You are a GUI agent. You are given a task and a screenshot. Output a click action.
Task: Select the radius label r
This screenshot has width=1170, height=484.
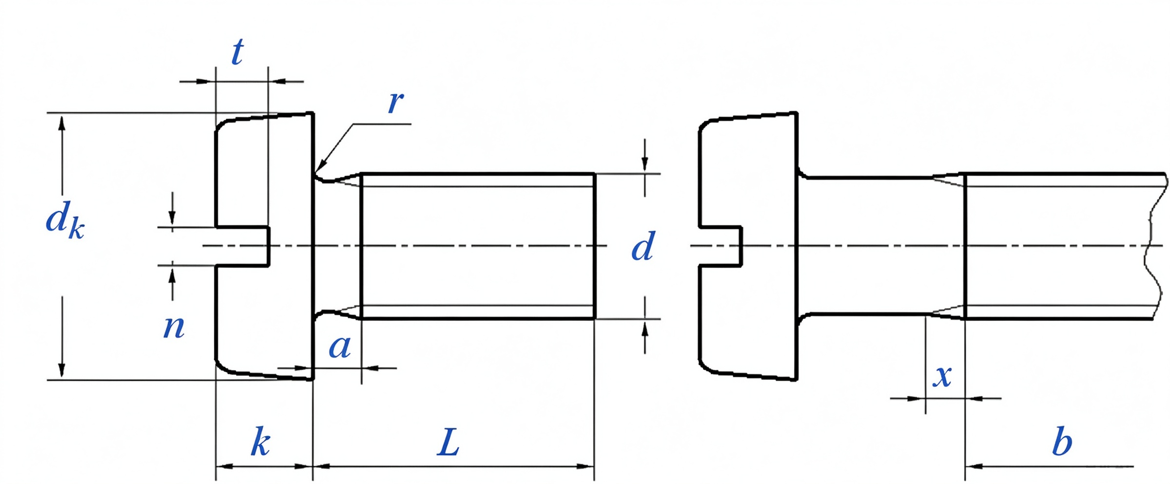point(396,102)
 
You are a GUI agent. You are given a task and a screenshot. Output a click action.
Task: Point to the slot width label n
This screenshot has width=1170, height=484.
point(174,327)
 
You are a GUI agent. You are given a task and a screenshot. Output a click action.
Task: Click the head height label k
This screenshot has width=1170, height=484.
point(261,442)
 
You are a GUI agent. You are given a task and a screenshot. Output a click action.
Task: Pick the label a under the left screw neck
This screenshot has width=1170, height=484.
point(340,347)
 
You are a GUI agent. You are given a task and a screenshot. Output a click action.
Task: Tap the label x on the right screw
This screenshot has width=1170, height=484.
point(942,376)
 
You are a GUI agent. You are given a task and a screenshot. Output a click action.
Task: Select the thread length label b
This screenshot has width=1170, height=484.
point(1062,441)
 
